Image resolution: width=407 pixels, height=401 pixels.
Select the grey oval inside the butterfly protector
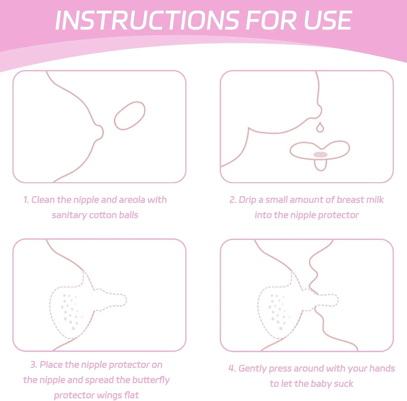point(320,155)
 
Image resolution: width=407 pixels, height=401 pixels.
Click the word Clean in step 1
point(43,200)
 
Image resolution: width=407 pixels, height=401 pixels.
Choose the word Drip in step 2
point(247,200)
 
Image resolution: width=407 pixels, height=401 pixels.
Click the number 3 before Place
point(34,365)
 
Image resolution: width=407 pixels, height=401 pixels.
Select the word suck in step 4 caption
point(344,384)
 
